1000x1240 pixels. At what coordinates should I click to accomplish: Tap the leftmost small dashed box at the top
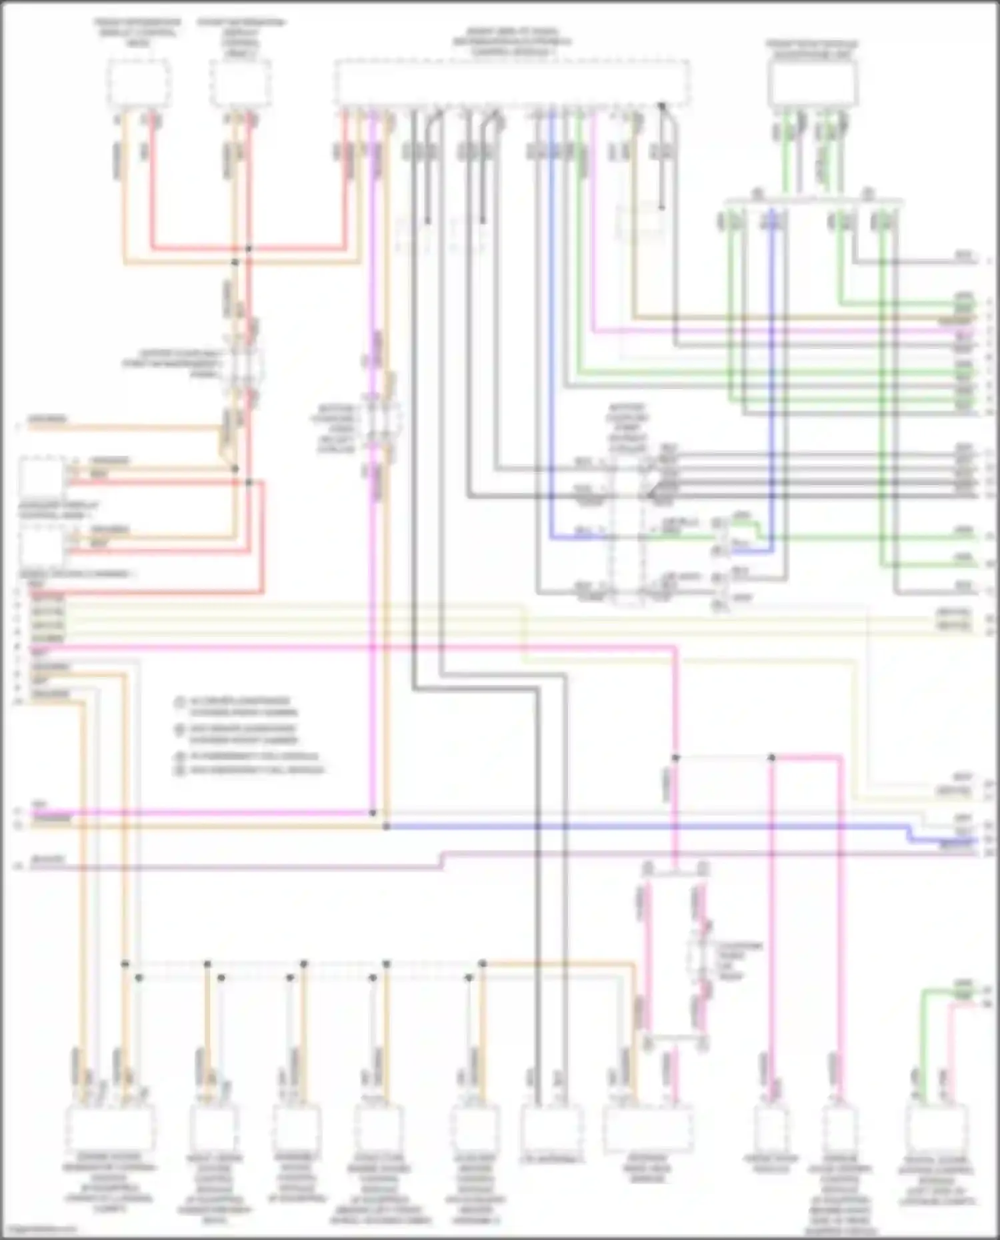[x=139, y=83]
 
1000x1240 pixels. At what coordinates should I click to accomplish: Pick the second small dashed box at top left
[x=240, y=83]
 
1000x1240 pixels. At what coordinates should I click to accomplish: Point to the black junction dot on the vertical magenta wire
[x=373, y=814]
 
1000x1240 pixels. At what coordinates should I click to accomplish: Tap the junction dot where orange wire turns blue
[x=387, y=827]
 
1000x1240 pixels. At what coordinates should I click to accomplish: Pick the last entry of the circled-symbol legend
[x=250, y=770]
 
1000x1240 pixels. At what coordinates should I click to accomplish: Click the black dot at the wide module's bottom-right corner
[x=662, y=105]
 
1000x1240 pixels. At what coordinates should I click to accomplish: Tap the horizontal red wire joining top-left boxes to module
[x=247, y=249]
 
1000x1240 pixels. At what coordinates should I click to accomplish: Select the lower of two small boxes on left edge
[x=41, y=546]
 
